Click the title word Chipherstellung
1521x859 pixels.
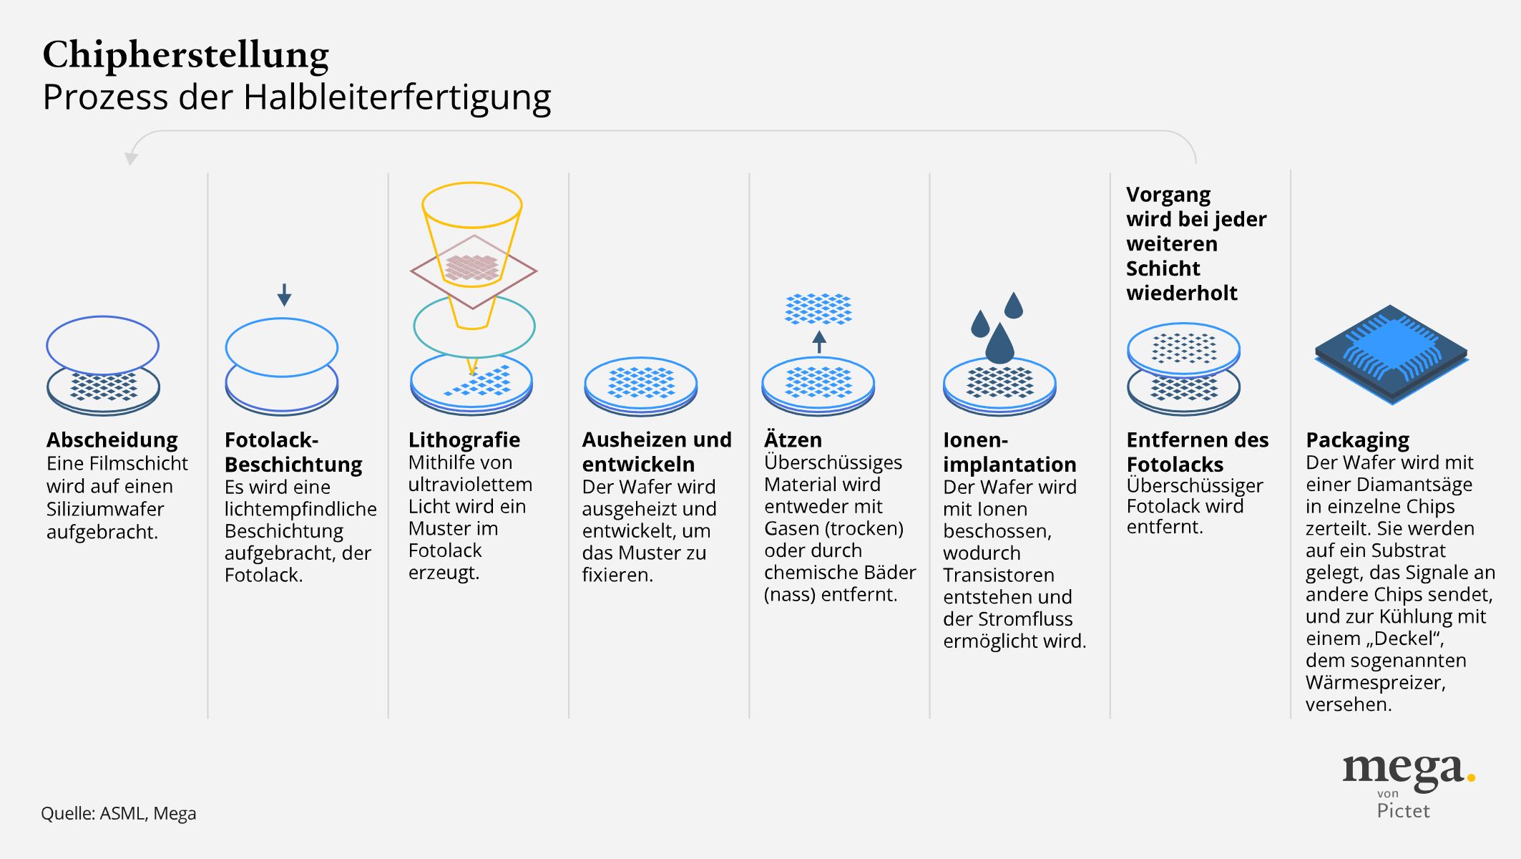click(x=185, y=56)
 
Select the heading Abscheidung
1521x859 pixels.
click(x=112, y=440)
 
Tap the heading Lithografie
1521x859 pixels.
click(x=464, y=440)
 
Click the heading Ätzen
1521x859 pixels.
click(x=793, y=440)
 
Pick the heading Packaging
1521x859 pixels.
click(x=1357, y=440)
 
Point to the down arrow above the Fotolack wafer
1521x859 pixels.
click(x=284, y=294)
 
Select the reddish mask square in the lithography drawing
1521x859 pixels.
click(x=473, y=270)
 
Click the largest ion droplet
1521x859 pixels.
click(x=999, y=346)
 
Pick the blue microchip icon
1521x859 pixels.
click(x=1391, y=354)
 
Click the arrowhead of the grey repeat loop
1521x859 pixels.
click(x=131, y=158)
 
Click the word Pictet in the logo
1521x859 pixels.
click(x=1403, y=811)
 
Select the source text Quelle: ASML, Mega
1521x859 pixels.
click(x=118, y=813)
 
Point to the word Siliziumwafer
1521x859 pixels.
click(x=105, y=509)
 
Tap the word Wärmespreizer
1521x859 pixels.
click(x=1375, y=682)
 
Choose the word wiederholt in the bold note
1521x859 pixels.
click(x=1181, y=293)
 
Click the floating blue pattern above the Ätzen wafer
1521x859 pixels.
click(x=818, y=309)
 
